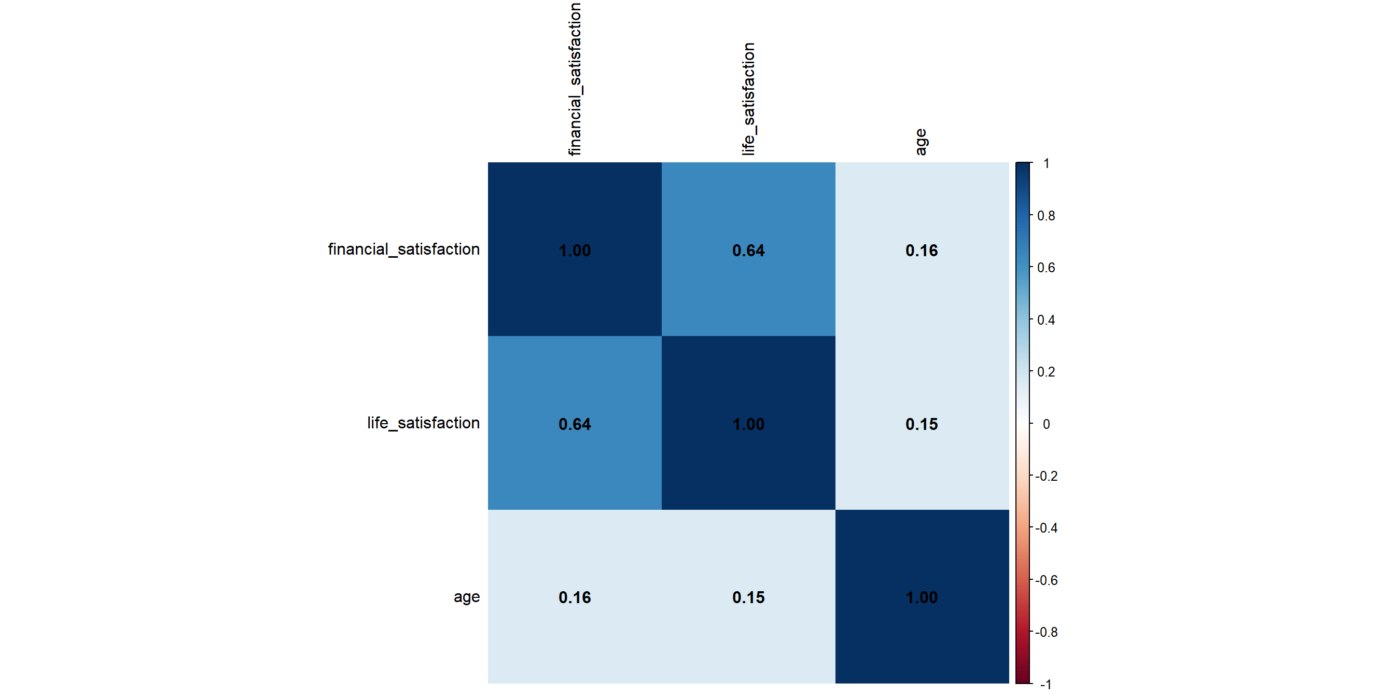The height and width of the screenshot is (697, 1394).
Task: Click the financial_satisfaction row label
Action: (403, 249)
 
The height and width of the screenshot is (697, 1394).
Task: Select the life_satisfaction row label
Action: (423, 423)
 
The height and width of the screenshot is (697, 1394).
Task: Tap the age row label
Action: (466, 597)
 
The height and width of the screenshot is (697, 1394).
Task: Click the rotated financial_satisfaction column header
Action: (575, 79)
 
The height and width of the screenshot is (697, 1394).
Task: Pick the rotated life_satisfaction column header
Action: (748, 99)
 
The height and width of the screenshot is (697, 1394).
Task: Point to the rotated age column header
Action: (921, 142)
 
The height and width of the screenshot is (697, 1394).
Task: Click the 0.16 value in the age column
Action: (922, 250)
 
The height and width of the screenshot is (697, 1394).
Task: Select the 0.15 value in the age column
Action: (922, 424)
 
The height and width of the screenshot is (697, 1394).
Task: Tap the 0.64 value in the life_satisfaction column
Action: (748, 250)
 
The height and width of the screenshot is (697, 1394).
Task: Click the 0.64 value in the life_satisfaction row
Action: (575, 424)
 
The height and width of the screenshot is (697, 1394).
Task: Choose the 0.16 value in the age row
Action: (575, 597)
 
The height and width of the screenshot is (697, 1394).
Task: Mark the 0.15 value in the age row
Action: (748, 597)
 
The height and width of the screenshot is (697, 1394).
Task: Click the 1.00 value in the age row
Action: (922, 597)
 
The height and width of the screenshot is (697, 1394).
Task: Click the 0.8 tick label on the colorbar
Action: (1046, 216)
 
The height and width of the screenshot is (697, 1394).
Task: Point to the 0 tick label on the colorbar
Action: (1046, 424)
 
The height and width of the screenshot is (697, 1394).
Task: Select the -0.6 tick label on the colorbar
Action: (1046, 581)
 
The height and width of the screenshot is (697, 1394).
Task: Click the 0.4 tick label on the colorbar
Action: (1046, 320)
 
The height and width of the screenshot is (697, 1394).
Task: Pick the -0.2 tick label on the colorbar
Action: (1046, 476)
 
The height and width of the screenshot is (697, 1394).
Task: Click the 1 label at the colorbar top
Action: (1047, 163)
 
